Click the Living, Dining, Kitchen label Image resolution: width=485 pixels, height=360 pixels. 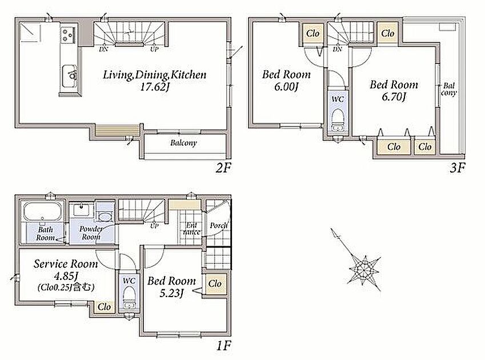point(154,74)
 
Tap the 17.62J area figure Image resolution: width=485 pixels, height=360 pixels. point(155,87)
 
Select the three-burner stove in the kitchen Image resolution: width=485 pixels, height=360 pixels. point(68,35)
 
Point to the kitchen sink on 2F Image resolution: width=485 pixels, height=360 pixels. point(70,76)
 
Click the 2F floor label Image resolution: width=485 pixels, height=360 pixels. point(223,168)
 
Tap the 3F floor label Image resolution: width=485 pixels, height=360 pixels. point(457,168)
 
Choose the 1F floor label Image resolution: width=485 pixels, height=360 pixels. point(223,346)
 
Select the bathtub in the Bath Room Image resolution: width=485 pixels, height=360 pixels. point(43,212)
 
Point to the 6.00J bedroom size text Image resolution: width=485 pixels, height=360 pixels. point(286,87)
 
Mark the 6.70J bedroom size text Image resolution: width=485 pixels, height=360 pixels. point(394,97)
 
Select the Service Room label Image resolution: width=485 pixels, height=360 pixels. point(66,264)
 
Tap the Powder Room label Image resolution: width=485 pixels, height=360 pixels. point(91,233)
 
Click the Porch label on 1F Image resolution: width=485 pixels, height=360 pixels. point(218,226)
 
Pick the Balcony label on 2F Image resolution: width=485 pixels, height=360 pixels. point(183,143)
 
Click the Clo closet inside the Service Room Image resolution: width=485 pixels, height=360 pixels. point(104,307)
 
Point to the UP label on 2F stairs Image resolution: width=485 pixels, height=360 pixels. point(154,49)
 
